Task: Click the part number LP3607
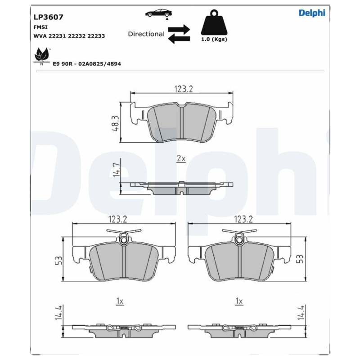48,17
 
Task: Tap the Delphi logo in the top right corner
312,13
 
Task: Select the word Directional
146,34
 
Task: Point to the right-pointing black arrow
179,29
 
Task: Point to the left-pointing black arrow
179,39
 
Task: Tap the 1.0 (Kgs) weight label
214,39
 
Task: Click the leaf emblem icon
41,56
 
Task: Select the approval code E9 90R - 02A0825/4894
87,64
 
